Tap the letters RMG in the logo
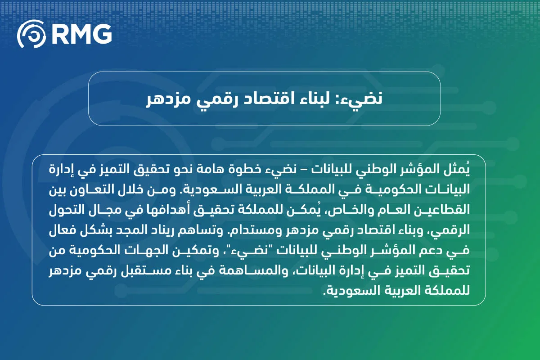pyautogui.click(x=81, y=34)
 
